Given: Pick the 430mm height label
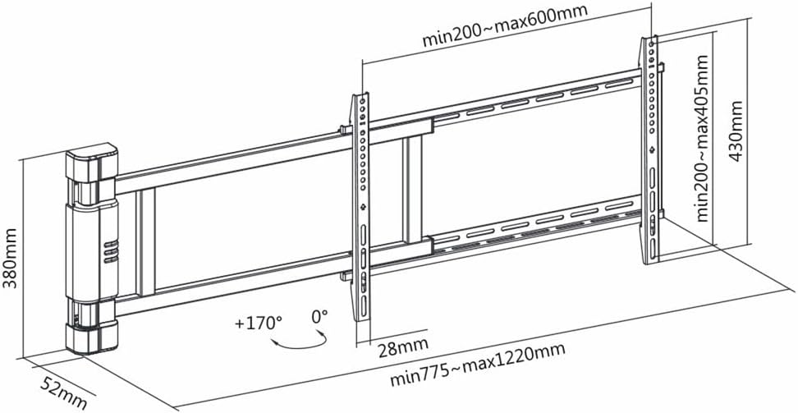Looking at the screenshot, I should point(736,131).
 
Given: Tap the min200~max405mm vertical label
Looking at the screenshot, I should point(703,138).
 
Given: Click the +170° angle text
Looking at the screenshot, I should point(258,322).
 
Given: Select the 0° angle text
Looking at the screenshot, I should point(319,315).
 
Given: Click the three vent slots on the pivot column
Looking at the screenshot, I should point(109,250).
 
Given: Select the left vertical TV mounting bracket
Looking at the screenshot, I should point(361,205).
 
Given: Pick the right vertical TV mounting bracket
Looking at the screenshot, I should point(651,148).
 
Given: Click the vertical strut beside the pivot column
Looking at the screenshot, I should point(146,242).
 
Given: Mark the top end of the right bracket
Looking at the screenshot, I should point(653,41).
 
